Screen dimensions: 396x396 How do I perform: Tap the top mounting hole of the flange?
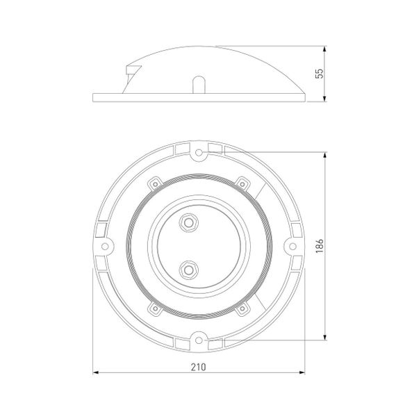(x=199, y=151)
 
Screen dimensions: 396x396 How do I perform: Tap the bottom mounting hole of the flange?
(x=199, y=339)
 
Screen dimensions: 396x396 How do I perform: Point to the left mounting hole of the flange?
(x=106, y=246)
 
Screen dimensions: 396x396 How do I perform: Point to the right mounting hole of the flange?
(x=291, y=246)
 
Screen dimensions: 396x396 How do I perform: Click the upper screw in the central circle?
(x=187, y=222)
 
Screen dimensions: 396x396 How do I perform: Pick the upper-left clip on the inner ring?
(x=154, y=183)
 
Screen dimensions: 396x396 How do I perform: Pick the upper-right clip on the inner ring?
(x=243, y=183)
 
